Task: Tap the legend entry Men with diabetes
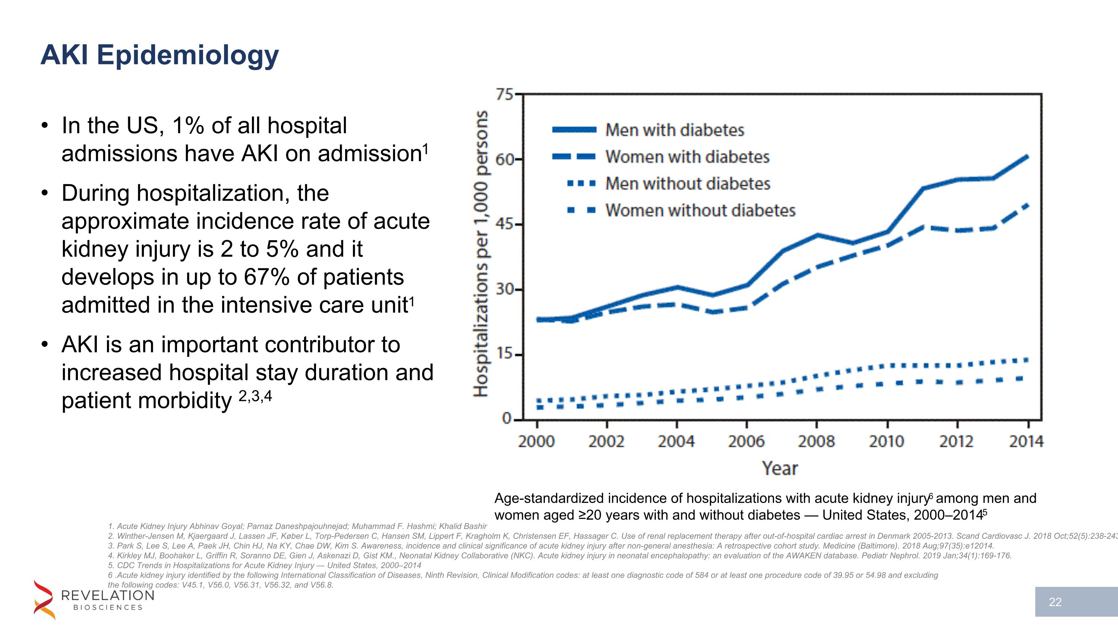click(x=675, y=130)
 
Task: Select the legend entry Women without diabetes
click(x=700, y=211)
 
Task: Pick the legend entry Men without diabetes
click(x=688, y=183)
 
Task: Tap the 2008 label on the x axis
click(x=816, y=441)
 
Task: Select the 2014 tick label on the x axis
click(x=1026, y=441)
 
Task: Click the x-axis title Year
click(x=780, y=468)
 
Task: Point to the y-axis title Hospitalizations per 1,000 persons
click(x=480, y=254)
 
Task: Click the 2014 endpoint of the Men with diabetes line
click(x=1027, y=157)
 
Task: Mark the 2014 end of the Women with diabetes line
click(x=1027, y=205)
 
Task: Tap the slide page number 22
click(x=1055, y=602)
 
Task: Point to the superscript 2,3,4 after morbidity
click(x=255, y=396)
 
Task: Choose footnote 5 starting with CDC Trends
click(x=264, y=565)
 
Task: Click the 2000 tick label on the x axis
click(x=536, y=441)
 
